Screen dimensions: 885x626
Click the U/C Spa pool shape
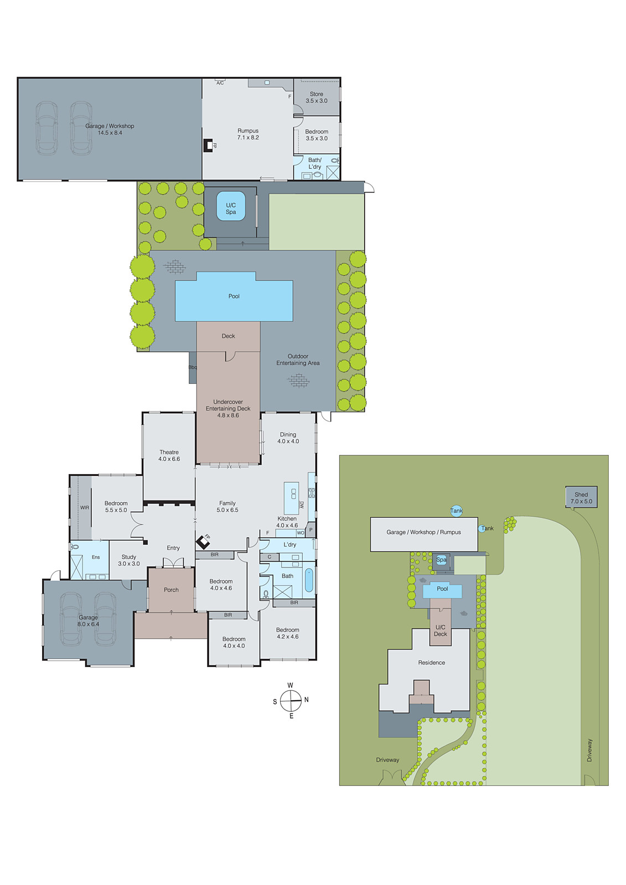[x=231, y=206]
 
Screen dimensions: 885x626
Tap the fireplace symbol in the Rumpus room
[x=209, y=145]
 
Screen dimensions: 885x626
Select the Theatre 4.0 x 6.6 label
[x=169, y=455]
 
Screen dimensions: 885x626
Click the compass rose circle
[x=291, y=701]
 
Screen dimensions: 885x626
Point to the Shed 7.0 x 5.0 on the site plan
[x=581, y=497]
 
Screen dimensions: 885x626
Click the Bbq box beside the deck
[x=193, y=367]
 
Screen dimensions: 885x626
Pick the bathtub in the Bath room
[x=309, y=581]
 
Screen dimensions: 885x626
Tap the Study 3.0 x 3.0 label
[x=128, y=560]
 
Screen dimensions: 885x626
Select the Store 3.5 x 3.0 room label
[x=317, y=97]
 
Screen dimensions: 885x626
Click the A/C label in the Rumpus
[x=220, y=83]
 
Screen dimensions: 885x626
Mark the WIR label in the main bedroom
[x=85, y=507]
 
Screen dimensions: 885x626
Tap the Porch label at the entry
[x=171, y=590]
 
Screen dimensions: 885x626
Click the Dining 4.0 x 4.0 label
[x=288, y=438]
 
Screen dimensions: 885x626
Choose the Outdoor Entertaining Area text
[x=298, y=360]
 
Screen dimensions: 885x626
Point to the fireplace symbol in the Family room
[x=203, y=541]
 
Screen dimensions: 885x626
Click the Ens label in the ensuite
[x=96, y=557]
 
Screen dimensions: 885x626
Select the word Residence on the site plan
[x=431, y=662]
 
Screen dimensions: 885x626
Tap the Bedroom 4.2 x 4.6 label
[x=287, y=633]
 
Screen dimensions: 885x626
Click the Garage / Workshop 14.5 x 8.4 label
[x=110, y=129]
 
